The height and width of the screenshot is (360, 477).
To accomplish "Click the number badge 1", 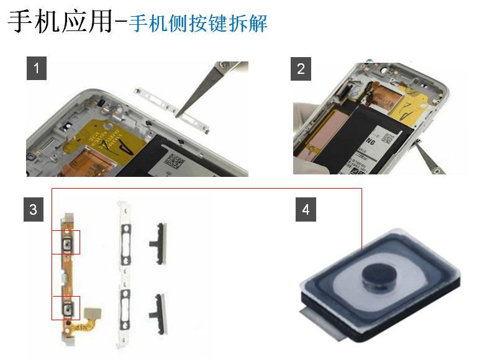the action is (x=37, y=68).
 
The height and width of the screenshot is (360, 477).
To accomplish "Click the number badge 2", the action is (x=301, y=69).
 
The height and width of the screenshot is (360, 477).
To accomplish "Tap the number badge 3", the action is (x=34, y=210).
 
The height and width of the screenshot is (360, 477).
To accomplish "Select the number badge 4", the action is (x=306, y=210).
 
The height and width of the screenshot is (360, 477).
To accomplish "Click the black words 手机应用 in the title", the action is (x=60, y=22).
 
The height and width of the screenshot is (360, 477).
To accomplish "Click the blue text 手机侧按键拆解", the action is (x=198, y=24).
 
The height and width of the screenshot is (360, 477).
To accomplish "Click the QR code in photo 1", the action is (x=175, y=161).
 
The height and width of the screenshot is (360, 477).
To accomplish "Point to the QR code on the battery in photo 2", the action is (x=387, y=138).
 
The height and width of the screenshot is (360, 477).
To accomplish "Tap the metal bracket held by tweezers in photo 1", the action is (x=172, y=110).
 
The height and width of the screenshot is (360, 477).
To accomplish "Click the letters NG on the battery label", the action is (x=370, y=142).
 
